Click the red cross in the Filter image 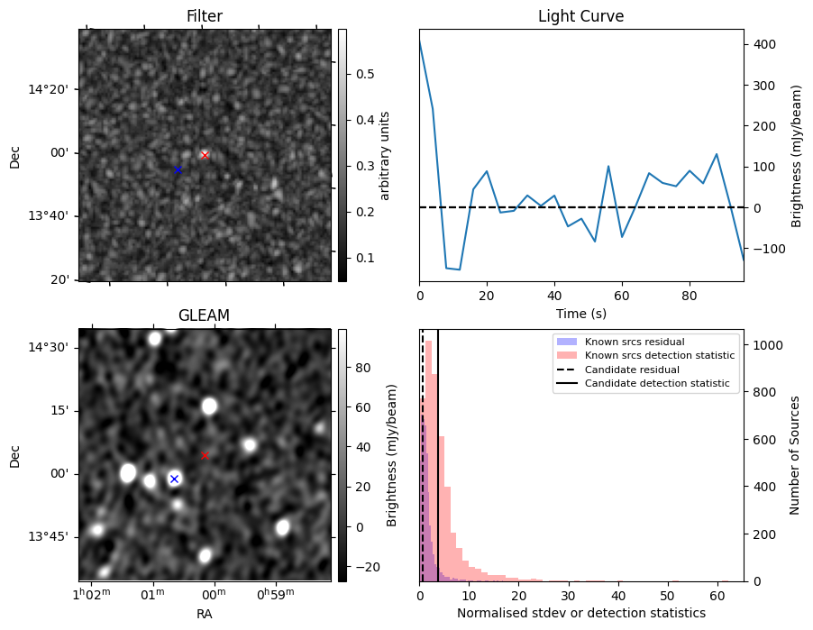(205, 155)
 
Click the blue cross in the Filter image (178, 169)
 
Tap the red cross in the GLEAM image (205, 455)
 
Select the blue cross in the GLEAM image (174, 479)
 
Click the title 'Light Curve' (580, 16)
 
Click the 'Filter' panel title (205, 16)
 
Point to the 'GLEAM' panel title (204, 315)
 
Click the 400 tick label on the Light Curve (765, 44)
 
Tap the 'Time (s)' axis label (581, 313)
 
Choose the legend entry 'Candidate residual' (632, 370)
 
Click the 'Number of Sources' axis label (794, 455)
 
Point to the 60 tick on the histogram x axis (717, 596)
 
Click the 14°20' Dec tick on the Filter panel (48, 90)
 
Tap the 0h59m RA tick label (275, 593)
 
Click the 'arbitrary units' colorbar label (384, 156)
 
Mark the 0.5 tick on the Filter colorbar (365, 74)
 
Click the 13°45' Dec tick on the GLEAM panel (48, 536)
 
